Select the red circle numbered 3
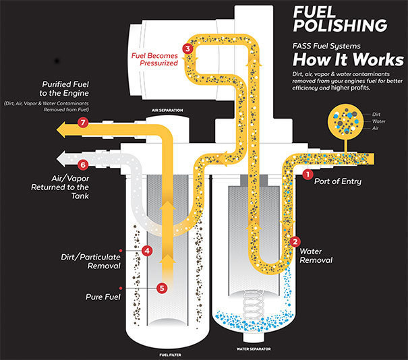tap(187, 49)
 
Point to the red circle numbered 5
tap(161, 288)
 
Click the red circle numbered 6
tap(83, 164)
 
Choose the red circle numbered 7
tap(83, 123)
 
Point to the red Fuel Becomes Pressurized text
tap(155, 59)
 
